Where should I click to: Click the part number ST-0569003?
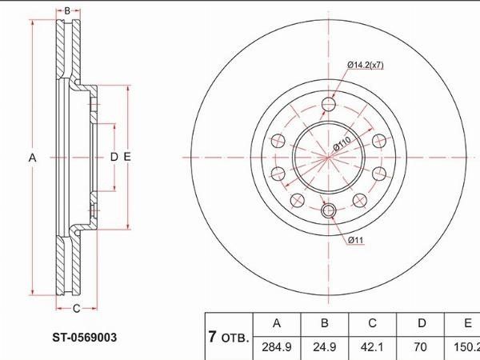tap(85, 338)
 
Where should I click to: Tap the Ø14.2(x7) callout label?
tap(366, 65)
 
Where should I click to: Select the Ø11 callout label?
tap(356, 240)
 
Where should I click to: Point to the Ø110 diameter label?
tap(342, 143)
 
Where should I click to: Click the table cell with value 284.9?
tap(277, 347)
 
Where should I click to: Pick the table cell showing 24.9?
tap(324, 347)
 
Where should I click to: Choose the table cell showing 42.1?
tap(372, 347)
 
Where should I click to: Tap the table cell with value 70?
tap(420, 347)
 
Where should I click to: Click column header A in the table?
tap(277, 323)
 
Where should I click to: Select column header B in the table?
tap(325, 323)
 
